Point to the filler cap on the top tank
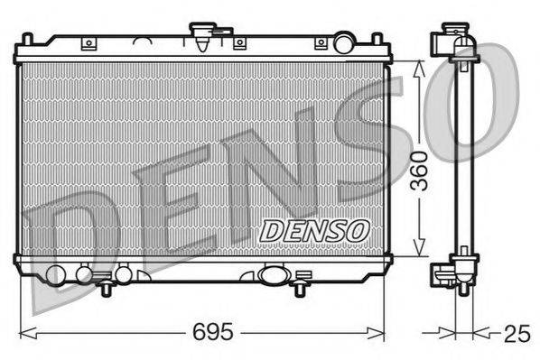click(200, 36)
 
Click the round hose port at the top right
click(343, 42)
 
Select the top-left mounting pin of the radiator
click(28, 41)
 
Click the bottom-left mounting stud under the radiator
click(107, 288)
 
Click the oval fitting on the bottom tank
click(272, 274)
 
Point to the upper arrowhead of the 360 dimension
click(417, 66)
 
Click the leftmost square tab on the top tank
click(88, 43)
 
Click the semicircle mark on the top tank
click(142, 40)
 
